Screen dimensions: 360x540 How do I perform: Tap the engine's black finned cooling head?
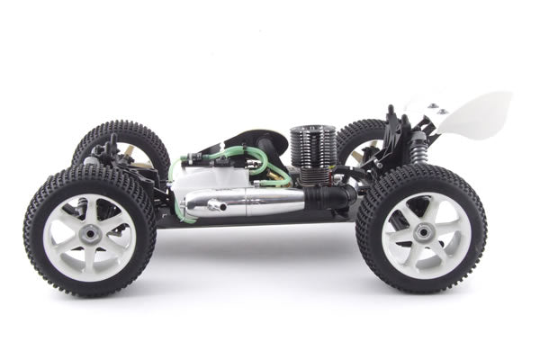(312, 148)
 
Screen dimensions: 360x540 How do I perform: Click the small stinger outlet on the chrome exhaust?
(216, 206)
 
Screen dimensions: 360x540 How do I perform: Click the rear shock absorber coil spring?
(418, 147)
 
